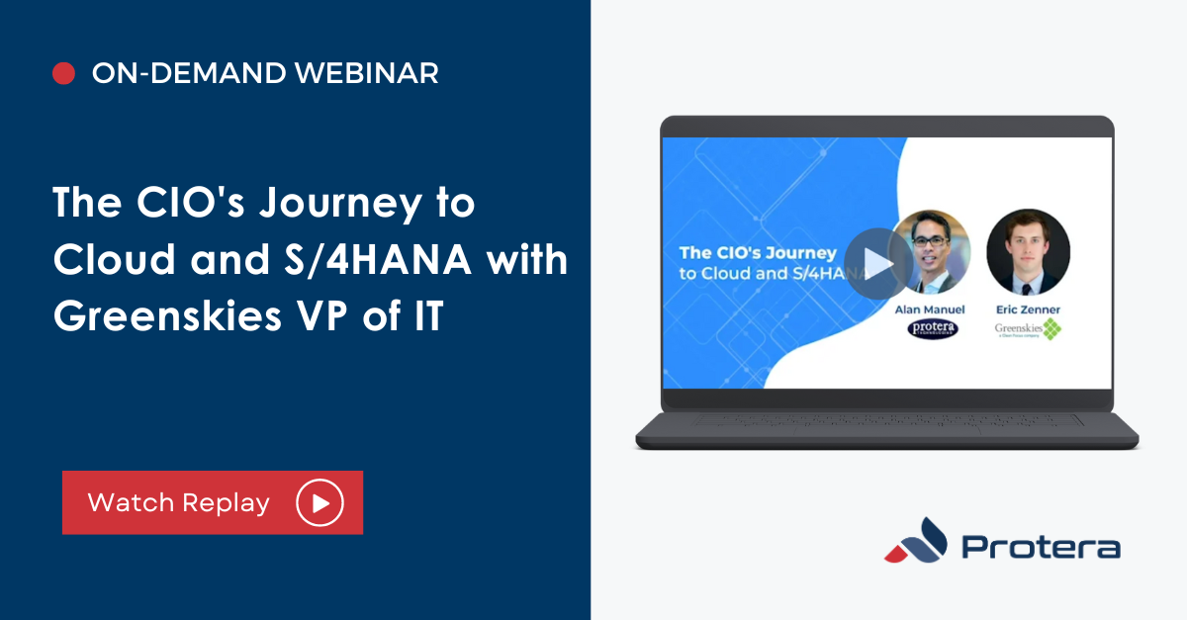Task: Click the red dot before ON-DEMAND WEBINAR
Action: (64, 73)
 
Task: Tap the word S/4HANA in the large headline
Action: (389, 260)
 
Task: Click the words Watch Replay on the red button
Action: (178, 502)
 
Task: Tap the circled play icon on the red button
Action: (320, 502)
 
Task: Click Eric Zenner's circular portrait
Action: (1028, 252)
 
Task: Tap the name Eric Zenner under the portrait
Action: (1029, 310)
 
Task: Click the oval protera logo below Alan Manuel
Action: (932, 329)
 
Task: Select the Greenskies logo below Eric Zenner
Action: (1028, 329)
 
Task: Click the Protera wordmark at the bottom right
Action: (1041, 548)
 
